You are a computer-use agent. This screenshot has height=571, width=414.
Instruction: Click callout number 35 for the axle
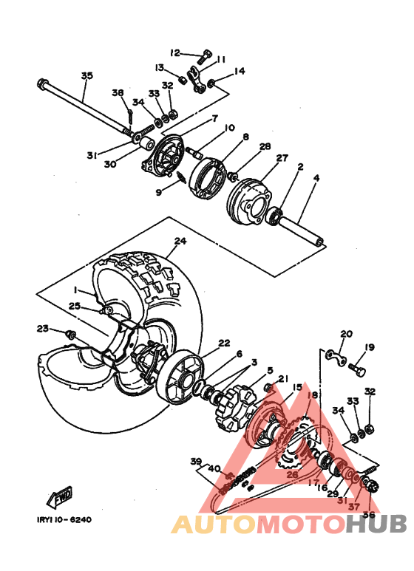[x=86, y=76]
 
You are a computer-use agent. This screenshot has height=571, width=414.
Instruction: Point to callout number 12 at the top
[x=174, y=52]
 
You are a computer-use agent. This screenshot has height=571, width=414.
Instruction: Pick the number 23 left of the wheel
[x=42, y=329]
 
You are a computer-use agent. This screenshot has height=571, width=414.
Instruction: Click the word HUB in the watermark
[x=377, y=524]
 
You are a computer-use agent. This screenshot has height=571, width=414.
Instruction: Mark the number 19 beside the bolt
[x=369, y=346]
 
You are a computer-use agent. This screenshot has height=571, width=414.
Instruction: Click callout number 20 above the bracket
[x=346, y=334]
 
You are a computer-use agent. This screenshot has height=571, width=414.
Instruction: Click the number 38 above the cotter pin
[x=118, y=92]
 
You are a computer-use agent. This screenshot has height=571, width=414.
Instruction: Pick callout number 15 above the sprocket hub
[x=296, y=387]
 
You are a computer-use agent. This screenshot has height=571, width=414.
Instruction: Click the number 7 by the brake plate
[x=214, y=118]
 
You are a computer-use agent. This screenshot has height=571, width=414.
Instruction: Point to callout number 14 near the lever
[x=239, y=72]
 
